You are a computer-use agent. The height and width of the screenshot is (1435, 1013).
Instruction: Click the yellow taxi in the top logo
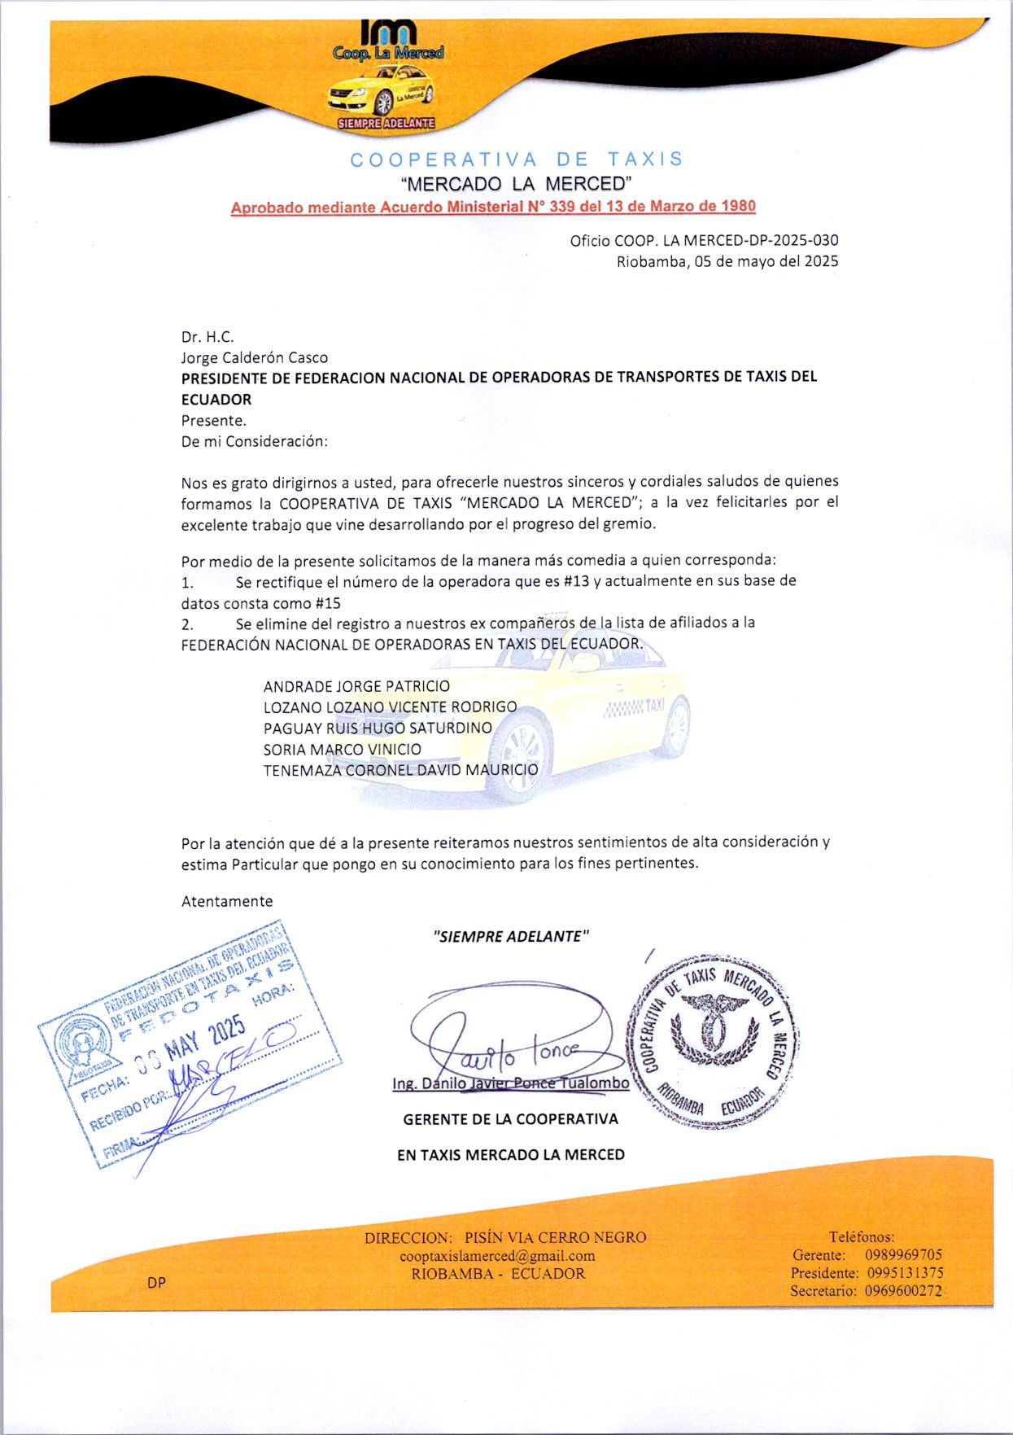[380, 92]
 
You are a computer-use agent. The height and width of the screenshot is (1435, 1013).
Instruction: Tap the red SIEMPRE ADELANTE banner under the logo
[386, 124]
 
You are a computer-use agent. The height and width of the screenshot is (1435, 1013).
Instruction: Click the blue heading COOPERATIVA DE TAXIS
[517, 160]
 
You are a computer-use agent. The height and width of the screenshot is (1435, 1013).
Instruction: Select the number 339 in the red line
[562, 207]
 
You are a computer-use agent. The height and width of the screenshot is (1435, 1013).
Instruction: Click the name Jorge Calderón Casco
[254, 357]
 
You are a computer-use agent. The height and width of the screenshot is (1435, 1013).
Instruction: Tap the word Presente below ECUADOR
[212, 421]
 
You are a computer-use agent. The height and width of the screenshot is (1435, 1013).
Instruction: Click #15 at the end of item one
[328, 603]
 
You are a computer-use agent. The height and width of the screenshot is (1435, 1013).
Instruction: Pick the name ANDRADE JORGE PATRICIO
[356, 686]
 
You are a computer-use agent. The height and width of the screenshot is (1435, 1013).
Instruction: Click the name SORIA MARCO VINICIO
[342, 749]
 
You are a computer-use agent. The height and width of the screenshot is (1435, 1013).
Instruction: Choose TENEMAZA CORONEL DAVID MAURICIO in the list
[400, 770]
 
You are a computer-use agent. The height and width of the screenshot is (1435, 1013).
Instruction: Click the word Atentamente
[227, 901]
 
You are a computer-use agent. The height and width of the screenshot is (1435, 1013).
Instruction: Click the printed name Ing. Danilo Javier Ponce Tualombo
[510, 1083]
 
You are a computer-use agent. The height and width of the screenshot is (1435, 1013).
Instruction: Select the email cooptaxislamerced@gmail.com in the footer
[497, 1256]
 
